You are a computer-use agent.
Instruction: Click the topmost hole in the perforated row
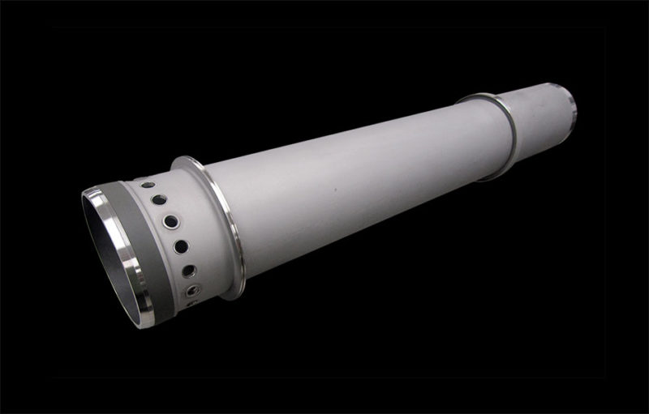coord(148,186)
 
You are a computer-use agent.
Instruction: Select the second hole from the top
coord(159,200)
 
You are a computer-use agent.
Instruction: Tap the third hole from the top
coord(170,220)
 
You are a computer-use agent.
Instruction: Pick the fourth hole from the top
coord(181,246)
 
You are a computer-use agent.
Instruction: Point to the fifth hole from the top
coord(189,271)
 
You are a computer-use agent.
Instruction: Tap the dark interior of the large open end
coord(105,243)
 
